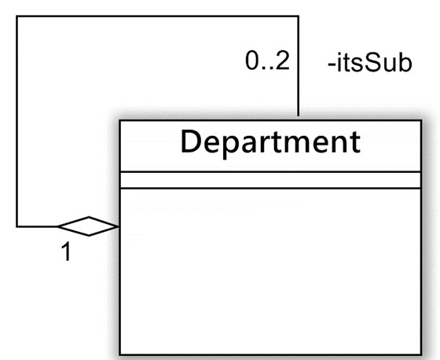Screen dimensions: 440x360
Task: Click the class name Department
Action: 270,142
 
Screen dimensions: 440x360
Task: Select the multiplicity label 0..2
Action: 267,61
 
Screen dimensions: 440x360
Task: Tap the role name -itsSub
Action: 369,63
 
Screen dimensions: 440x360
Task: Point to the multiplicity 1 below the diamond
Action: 66,252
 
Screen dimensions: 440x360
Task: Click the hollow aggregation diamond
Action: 88,226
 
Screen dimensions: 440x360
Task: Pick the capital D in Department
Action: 191,141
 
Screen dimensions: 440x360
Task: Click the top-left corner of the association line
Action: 17,17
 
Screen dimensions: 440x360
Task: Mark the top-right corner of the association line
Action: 298,17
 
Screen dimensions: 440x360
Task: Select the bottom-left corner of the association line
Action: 17,226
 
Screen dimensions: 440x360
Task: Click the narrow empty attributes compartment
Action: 270,180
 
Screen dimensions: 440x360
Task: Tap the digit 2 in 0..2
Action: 282,61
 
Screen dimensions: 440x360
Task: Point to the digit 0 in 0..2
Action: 251,61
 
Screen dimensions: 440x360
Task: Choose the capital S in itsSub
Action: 372,63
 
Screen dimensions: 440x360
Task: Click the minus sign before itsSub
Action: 332,65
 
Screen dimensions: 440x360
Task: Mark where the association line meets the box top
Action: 298,120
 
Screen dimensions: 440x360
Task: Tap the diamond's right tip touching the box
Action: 119,226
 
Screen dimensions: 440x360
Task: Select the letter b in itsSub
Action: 405,63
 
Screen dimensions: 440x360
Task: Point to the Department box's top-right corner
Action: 421,120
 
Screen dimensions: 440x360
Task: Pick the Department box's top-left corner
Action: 119,120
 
